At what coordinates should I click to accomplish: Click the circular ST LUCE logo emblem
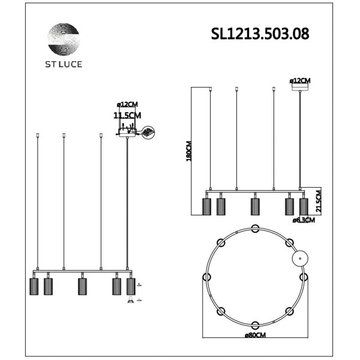click(x=63, y=40)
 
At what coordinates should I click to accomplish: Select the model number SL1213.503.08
click(x=260, y=34)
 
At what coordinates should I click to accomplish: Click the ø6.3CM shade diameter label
click(x=304, y=220)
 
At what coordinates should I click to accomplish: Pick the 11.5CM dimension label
click(x=127, y=115)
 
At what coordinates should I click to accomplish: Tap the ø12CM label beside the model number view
click(x=300, y=80)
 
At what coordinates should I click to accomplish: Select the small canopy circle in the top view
click(x=298, y=259)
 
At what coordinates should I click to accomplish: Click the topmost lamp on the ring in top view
click(x=255, y=228)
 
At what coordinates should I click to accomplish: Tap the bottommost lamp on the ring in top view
click(x=255, y=325)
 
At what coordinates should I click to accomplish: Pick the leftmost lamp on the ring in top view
click(x=206, y=277)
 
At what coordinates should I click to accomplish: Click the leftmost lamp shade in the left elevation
click(x=34, y=286)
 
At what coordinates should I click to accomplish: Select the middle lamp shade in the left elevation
click(x=82, y=286)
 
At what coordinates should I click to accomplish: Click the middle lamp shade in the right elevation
click(x=255, y=206)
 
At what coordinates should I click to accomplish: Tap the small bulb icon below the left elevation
click(x=131, y=301)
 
